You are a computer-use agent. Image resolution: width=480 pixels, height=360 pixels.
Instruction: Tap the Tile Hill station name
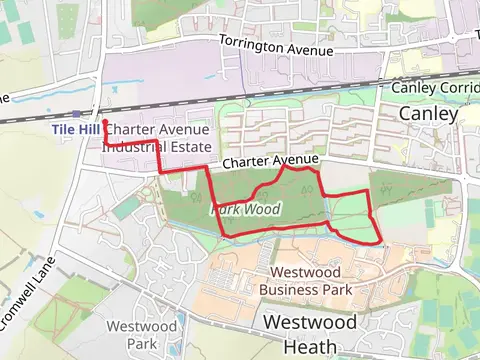click(76, 130)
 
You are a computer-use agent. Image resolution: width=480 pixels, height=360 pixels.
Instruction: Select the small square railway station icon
click(77, 113)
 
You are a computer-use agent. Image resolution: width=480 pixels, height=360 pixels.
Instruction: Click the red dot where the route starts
click(105, 122)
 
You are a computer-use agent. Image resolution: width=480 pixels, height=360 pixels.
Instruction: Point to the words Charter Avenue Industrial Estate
click(156, 137)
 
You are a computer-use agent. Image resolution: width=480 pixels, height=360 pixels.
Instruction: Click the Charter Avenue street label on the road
click(270, 161)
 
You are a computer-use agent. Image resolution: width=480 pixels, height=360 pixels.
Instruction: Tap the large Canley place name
click(428, 114)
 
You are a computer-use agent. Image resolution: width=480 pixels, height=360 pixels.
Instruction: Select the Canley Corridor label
click(435, 88)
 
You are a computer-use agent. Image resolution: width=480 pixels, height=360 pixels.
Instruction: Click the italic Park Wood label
click(245, 210)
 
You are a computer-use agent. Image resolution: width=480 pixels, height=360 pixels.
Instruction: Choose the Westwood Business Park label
click(305, 281)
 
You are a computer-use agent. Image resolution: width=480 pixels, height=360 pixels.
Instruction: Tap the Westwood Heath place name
click(309, 334)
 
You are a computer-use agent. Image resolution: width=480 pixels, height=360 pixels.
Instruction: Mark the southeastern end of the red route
click(381, 243)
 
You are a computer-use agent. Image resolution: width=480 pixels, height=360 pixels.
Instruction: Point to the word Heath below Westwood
click(309, 346)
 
